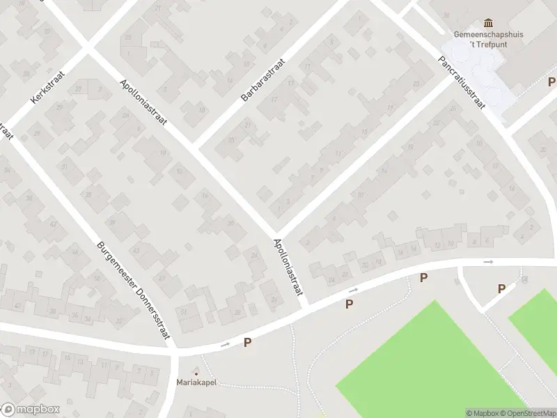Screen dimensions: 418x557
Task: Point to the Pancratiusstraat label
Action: (x=461, y=83)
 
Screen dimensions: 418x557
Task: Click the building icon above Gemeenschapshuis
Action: (x=488, y=22)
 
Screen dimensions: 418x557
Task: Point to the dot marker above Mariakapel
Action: (x=196, y=373)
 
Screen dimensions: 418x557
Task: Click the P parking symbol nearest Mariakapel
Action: (x=247, y=342)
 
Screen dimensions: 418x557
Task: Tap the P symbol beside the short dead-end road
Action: (x=501, y=288)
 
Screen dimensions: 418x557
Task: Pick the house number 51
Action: (x=184, y=311)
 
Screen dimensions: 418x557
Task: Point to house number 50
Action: (x=97, y=279)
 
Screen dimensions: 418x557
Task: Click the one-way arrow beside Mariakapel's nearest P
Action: (x=224, y=344)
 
